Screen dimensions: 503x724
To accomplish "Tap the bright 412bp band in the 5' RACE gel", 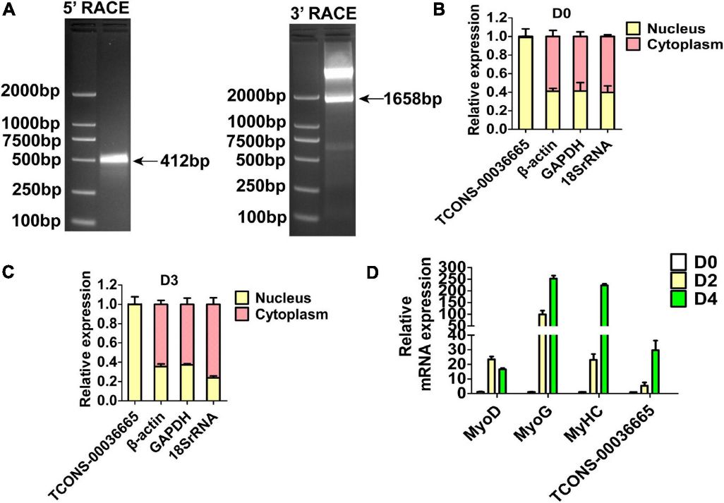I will [114, 160].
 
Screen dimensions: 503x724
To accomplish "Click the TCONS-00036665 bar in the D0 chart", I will [524, 83].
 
